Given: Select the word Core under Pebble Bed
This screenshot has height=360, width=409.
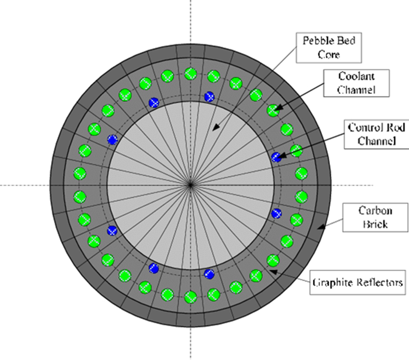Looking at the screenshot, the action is click(x=329, y=55).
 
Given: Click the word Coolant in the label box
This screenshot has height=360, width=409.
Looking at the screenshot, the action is click(x=356, y=76).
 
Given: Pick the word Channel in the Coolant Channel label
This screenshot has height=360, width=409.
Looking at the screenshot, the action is click(x=356, y=90).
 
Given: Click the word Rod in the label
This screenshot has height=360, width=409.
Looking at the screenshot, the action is click(x=397, y=127).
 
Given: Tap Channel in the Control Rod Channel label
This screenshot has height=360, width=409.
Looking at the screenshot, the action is click(x=377, y=141).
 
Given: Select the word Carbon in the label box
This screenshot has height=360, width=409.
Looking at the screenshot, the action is click(x=375, y=210).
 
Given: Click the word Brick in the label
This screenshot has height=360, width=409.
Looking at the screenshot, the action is click(x=375, y=224).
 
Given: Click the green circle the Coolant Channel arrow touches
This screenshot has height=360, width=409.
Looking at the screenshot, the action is click(x=273, y=110).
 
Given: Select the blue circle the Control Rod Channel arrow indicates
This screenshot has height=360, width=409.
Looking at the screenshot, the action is click(x=276, y=157).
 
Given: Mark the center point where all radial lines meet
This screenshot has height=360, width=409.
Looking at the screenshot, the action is click(x=190, y=185).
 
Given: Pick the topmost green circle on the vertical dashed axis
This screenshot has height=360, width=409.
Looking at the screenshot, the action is click(x=191, y=74).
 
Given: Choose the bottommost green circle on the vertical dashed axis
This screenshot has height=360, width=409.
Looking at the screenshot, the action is click(x=191, y=297).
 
